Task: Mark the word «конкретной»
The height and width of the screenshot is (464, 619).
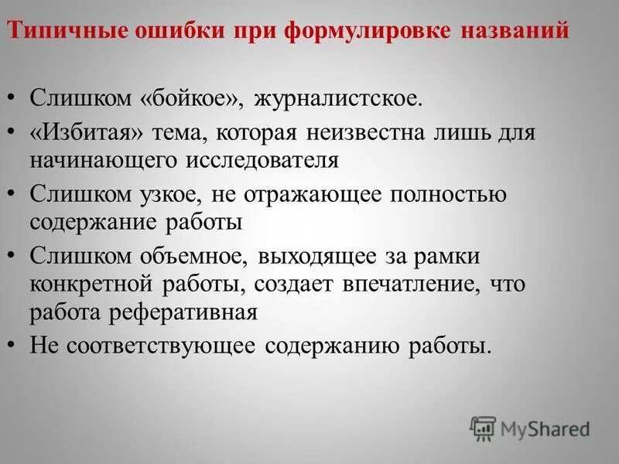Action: click(93, 284)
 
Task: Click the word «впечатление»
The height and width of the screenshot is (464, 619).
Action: click(411, 284)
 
